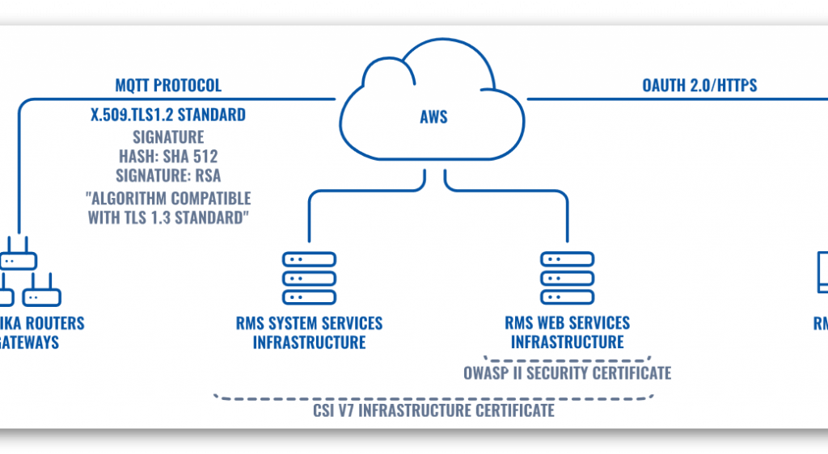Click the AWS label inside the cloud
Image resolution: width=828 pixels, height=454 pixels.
(x=433, y=117)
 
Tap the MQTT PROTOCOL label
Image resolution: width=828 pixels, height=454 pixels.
(x=168, y=86)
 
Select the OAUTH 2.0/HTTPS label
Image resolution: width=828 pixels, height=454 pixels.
(x=699, y=86)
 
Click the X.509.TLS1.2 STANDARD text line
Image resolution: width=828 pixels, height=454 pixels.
(x=168, y=115)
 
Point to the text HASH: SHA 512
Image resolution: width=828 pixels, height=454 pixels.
(x=168, y=157)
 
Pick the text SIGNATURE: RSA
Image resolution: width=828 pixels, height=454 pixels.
(x=168, y=177)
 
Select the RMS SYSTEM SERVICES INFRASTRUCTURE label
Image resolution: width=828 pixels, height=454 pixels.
(x=309, y=333)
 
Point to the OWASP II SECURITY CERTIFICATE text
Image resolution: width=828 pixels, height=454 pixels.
(x=567, y=373)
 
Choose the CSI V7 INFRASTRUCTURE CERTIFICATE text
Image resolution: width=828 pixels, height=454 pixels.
(x=433, y=410)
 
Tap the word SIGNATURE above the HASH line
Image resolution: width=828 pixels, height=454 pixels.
(x=168, y=137)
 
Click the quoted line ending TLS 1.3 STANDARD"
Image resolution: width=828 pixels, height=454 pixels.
(x=168, y=218)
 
